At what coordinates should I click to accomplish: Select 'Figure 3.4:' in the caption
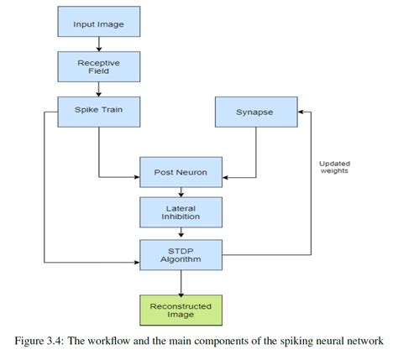point(42,342)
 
